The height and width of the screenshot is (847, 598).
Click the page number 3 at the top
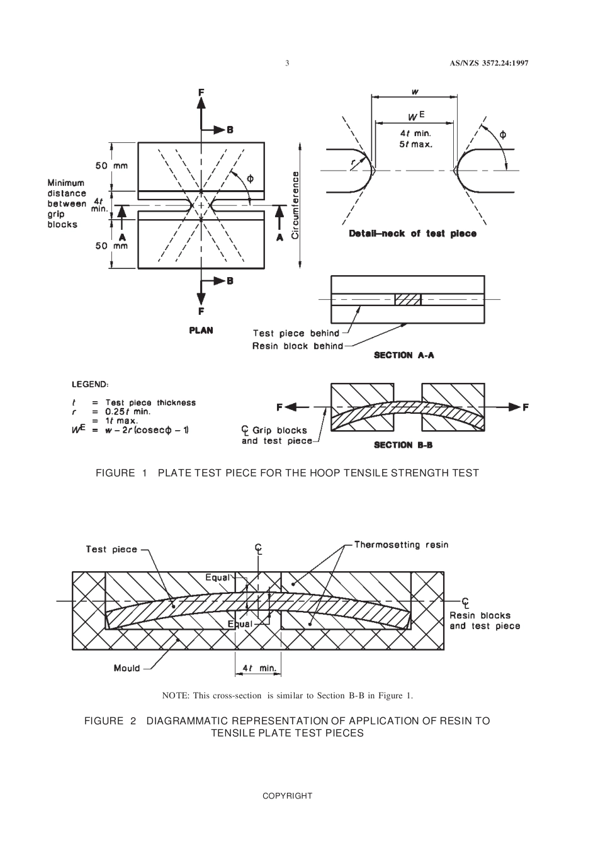coord(287,63)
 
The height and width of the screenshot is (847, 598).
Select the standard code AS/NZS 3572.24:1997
coord(489,63)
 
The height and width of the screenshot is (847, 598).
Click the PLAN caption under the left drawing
coord(201,330)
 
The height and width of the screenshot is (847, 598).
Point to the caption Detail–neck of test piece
coord(412,234)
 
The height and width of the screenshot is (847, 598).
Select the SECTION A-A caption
coord(403,355)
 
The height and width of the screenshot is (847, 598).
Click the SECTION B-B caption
coord(403,445)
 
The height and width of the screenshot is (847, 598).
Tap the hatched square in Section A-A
coord(407,299)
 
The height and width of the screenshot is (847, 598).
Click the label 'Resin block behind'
coord(298,346)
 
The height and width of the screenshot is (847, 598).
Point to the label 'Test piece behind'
coord(296,333)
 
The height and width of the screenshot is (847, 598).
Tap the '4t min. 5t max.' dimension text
coord(415,139)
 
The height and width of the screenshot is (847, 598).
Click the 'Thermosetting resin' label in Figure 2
coord(401,545)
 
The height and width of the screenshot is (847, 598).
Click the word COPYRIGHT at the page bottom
coord(287,795)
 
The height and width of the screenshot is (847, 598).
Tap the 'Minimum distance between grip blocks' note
coord(67,203)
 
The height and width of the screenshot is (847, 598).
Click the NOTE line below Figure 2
coord(287,695)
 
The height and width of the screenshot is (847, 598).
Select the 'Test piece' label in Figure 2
coord(111,549)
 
